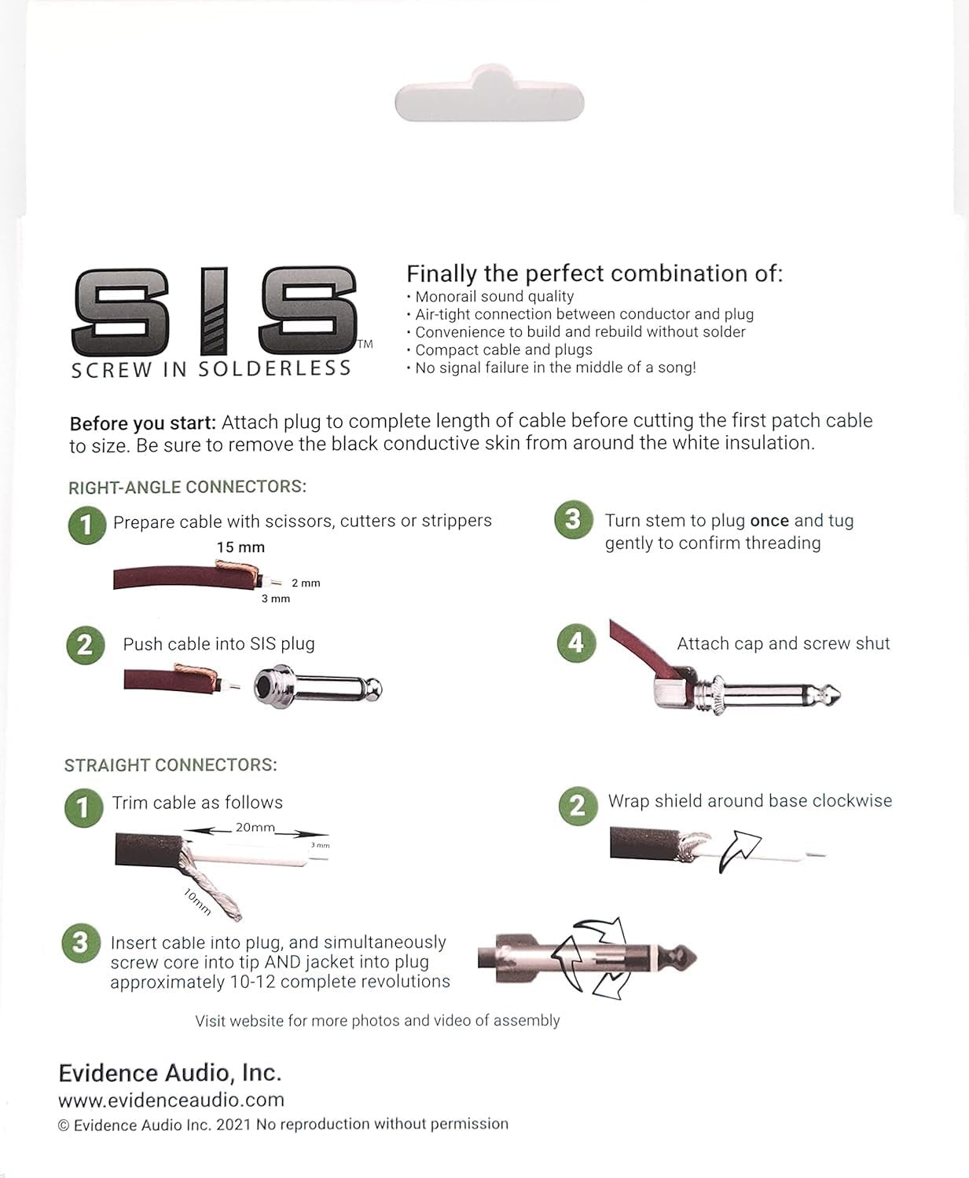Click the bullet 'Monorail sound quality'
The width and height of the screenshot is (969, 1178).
(x=494, y=296)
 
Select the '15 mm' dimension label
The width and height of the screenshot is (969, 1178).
(x=240, y=547)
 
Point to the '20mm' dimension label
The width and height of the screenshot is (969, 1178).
(x=255, y=827)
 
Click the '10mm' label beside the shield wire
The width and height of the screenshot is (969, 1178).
(x=197, y=901)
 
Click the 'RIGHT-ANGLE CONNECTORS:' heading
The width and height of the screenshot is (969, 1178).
(x=187, y=487)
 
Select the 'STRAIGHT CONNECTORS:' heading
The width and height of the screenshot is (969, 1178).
(x=171, y=765)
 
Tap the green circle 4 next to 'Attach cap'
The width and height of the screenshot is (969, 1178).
(x=576, y=643)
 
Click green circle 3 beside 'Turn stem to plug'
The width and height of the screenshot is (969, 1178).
(x=573, y=521)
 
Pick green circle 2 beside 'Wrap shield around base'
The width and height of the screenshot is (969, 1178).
(x=578, y=806)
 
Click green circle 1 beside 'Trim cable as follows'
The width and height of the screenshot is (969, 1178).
(x=83, y=808)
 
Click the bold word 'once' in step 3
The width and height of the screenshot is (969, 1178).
(x=769, y=521)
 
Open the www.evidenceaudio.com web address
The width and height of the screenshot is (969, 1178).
(x=171, y=1099)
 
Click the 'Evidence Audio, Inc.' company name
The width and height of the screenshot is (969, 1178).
(x=170, y=1073)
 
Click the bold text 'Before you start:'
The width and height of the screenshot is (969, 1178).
(x=142, y=423)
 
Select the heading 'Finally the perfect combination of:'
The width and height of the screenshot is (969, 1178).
(x=594, y=273)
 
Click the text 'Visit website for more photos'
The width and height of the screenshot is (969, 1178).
(x=377, y=1020)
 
